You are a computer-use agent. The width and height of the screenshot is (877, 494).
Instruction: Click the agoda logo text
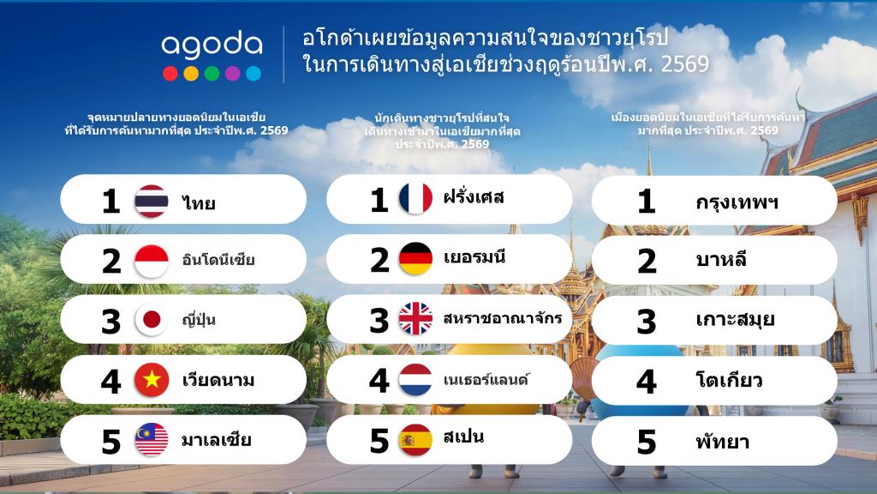[212, 45]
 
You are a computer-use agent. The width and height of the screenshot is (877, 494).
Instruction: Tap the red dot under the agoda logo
[170, 74]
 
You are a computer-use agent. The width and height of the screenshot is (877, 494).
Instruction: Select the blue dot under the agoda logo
[254, 74]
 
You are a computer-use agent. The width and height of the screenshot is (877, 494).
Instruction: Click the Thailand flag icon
[152, 201]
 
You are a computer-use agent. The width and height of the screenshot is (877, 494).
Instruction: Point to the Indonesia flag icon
[152, 262]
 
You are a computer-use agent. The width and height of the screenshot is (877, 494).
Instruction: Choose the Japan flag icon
[152, 320]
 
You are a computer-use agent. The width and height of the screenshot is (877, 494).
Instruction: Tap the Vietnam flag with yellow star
[152, 380]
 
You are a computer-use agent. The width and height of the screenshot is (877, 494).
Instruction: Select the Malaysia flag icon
[152, 440]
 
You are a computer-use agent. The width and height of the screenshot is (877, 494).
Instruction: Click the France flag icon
[415, 198]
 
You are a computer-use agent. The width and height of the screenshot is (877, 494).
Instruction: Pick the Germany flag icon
[415, 259]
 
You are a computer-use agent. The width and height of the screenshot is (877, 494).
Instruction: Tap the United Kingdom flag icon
[415, 318]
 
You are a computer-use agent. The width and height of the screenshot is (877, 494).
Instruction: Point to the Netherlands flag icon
[415, 380]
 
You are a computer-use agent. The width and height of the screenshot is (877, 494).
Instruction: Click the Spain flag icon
[415, 440]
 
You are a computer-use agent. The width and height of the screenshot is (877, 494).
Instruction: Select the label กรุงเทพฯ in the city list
[737, 202]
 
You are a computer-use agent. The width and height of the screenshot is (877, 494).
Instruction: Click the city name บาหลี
[721, 259]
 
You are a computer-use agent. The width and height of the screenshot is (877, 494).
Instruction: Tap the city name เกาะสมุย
[735, 319]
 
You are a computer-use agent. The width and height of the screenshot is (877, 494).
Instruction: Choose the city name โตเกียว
[729, 380]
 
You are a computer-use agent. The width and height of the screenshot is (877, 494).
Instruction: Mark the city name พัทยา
[723, 442]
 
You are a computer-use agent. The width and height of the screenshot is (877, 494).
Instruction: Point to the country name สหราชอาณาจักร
[502, 317]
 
